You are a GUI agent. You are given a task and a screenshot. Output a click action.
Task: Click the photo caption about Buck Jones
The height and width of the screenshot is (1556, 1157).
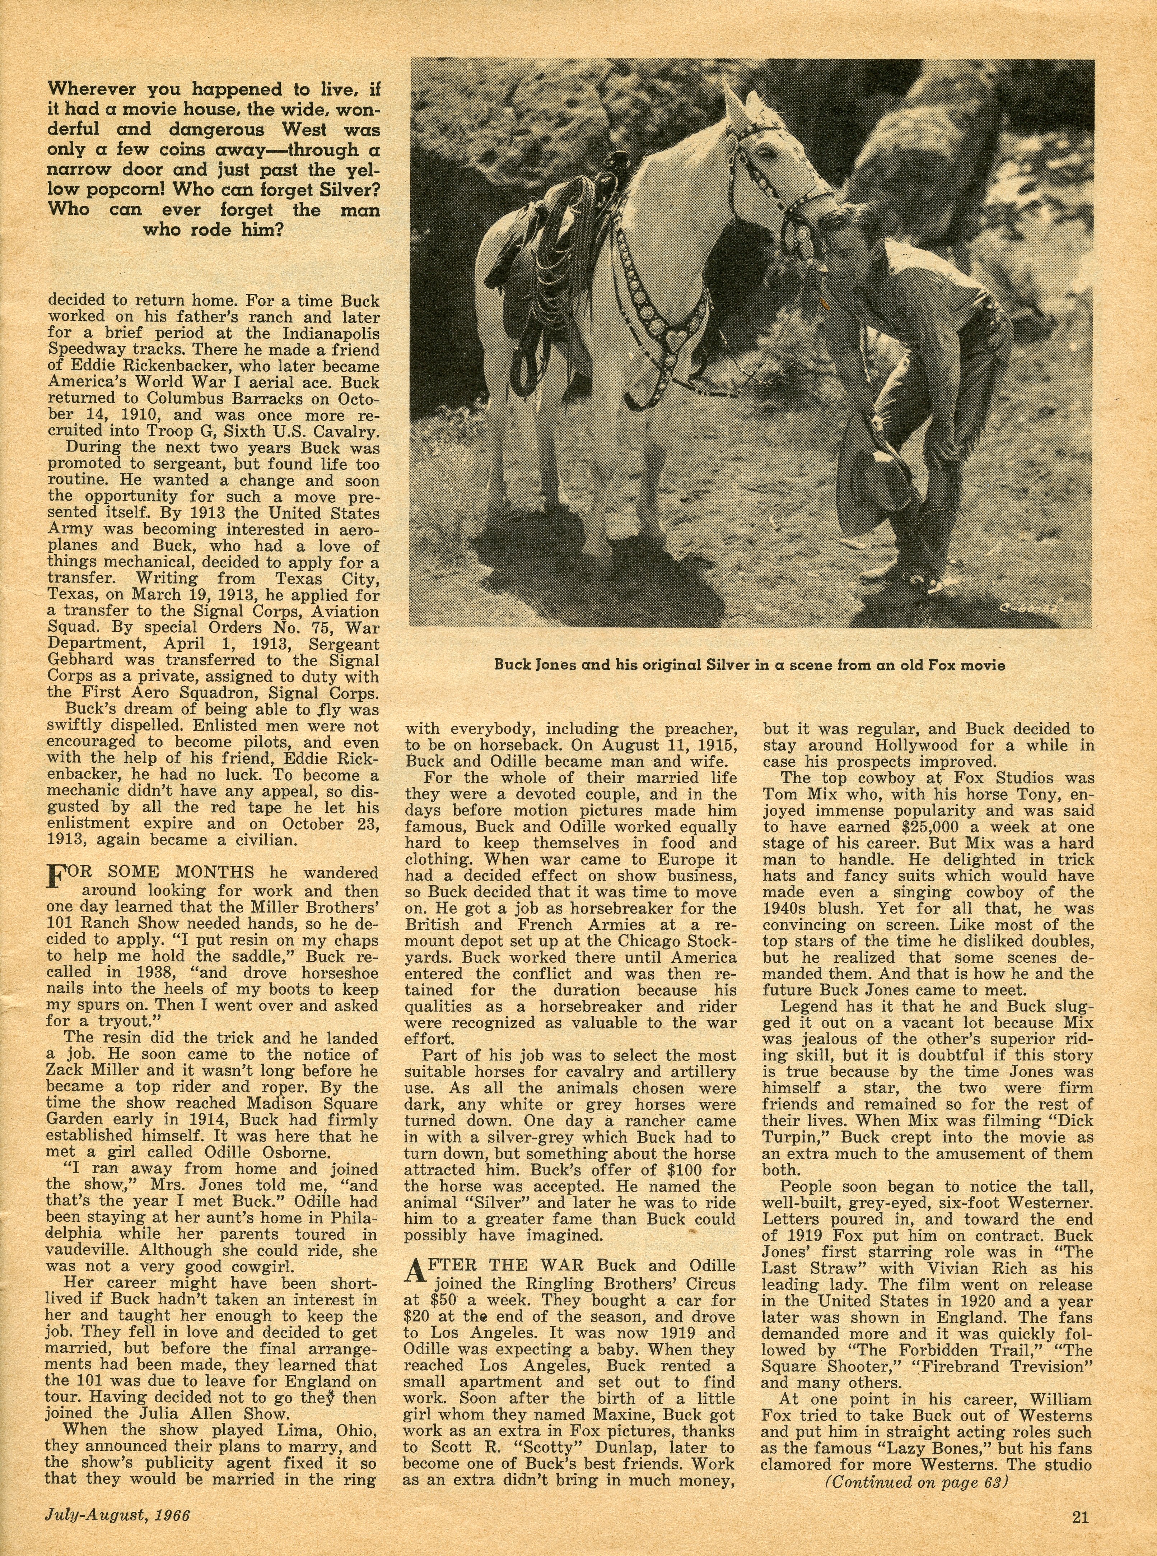pyautogui.click(x=750, y=665)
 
